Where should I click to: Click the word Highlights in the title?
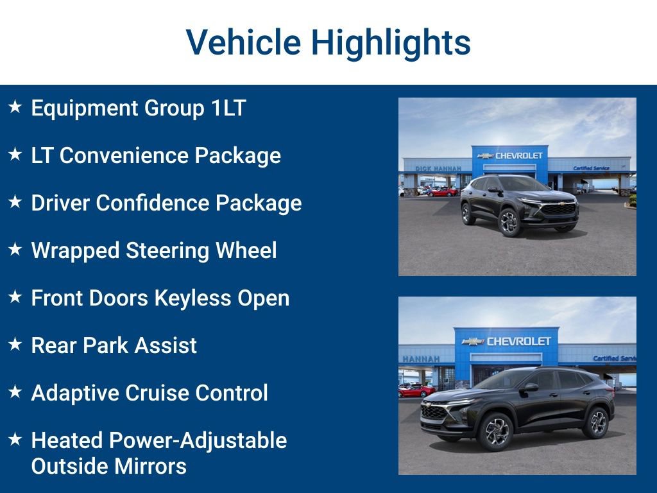pyautogui.click(x=391, y=44)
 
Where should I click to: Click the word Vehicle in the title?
pyautogui.click(x=243, y=42)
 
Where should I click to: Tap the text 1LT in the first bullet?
pyautogui.click(x=228, y=108)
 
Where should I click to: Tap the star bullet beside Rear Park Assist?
pyautogui.click(x=15, y=344)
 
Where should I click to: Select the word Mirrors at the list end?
pyautogui.click(x=148, y=466)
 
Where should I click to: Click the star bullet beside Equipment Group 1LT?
pyautogui.click(x=15, y=107)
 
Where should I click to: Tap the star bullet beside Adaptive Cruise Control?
pyautogui.click(x=15, y=392)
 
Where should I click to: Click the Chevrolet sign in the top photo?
pyautogui.click(x=511, y=155)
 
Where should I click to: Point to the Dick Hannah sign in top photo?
pyautogui.click(x=438, y=168)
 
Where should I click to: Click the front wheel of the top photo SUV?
pyautogui.click(x=510, y=223)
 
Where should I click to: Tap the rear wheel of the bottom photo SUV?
pyautogui.click(x=597, y=422)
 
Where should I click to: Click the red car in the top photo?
pyautogui.click(x=443, y=191)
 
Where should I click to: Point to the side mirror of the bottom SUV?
pyautogui.click(x=530, y=387)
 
